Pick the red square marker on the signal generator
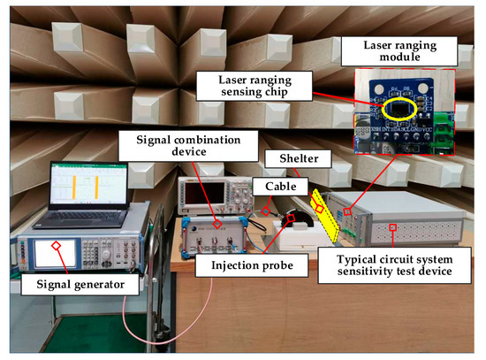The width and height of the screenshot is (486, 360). click(x=57, y=244)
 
